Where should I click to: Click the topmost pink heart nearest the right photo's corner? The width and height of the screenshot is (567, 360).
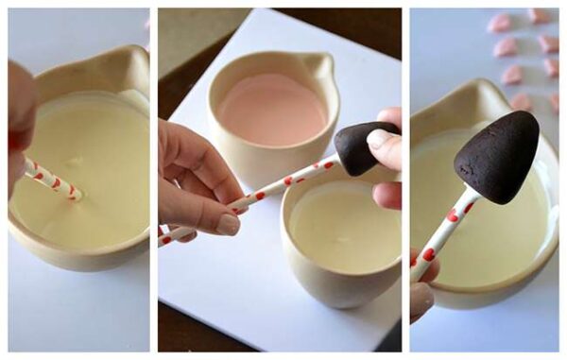pos(538,15)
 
